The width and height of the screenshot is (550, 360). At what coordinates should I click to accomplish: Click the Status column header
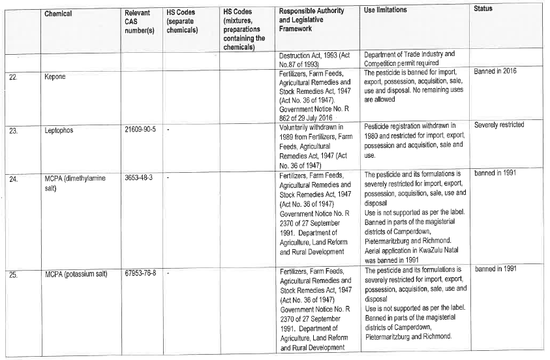tap(483, 8)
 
